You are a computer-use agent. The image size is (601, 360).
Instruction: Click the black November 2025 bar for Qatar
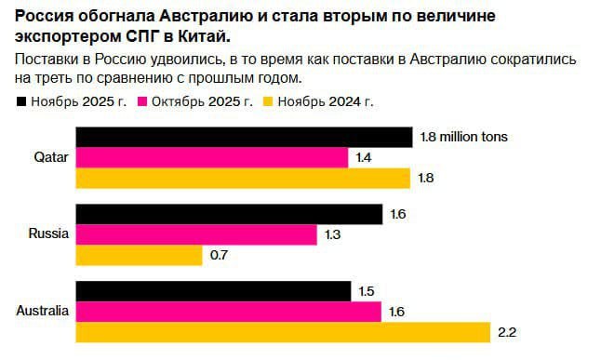[243, 138]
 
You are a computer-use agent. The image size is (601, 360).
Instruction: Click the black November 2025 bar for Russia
[228, 215]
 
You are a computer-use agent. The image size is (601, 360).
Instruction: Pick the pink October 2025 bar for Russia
[195, 234]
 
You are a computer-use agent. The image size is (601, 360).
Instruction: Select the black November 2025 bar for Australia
[212, 292]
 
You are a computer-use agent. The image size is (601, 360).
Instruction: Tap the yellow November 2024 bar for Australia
[282, 332]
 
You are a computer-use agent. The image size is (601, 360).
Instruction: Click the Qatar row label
[50, 157]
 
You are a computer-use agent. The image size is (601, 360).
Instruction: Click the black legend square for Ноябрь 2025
[23, 100]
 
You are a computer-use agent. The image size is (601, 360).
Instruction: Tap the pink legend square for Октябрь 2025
[144, 100]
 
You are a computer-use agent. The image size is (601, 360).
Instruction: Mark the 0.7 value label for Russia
[220, 254]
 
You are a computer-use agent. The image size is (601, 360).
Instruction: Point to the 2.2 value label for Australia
[508, 332]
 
